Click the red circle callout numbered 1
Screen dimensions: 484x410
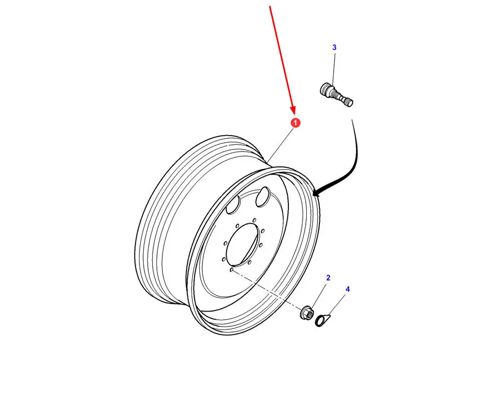(x=295, y=123)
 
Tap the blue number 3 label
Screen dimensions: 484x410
(x=334, y=47)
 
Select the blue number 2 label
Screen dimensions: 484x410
(x=328, y=278)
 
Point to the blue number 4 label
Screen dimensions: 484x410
(x=348, y=289)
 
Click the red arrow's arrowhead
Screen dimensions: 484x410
(x=293, y=110)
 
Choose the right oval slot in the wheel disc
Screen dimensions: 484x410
(x=263, y=197)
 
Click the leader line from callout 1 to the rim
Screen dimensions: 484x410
(x=280, y=145)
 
